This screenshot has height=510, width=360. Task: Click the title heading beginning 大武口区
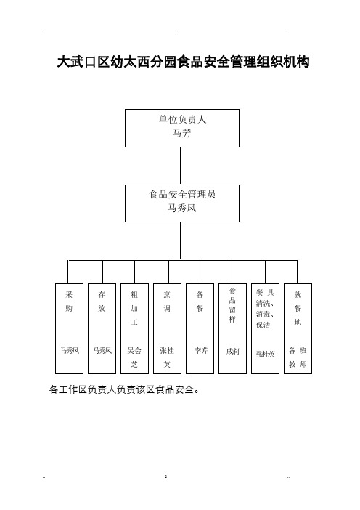[x=183, y=62]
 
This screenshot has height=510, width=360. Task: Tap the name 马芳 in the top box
[x=181, y=133]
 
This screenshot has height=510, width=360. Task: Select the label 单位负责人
[x=182, y=119]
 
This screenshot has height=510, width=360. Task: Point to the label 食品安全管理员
[x=182, y=194]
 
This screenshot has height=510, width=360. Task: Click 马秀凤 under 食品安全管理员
[x=181, y=208]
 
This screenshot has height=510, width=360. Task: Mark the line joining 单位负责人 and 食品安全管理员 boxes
[x=180, y=166]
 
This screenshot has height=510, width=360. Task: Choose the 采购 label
[x=69, y=301]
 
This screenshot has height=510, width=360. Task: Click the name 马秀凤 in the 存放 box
[x=102, y=350]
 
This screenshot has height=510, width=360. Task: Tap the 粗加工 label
[x=134, y=308]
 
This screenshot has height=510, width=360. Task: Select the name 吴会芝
[x=134, y=357]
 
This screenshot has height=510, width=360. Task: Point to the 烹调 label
[x=167, y=301]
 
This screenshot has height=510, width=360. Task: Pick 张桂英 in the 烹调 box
[x=167, y=357]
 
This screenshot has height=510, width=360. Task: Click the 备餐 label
[x=200, y=301]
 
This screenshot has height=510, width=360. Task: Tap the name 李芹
[x=201, y=350]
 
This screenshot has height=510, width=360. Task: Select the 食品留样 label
[x=232, y=305]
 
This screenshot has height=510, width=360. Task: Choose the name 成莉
[x=233, y=352]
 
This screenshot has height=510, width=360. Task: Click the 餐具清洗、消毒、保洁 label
[x=265, y=308]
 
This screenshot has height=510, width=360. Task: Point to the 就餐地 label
[x=298, y=308]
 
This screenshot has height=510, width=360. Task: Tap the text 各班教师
[x=298, y=357]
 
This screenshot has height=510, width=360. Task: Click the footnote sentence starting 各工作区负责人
[x=124, y=389]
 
